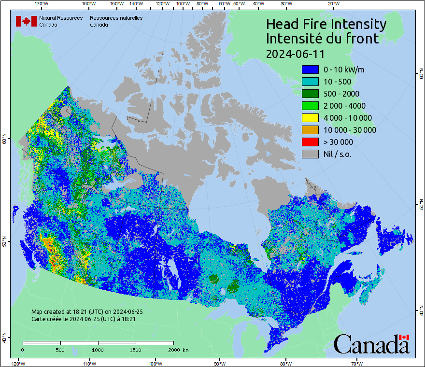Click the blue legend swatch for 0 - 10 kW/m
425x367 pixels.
point(310,70)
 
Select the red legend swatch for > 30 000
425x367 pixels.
point(310,142)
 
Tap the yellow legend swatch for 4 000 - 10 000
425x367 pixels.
point(310,118)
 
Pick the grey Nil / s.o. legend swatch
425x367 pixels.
point(310,154)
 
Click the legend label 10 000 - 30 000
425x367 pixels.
point(350,130)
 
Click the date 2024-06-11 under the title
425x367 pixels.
point(295,53)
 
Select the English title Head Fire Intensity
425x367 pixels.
point(326,24)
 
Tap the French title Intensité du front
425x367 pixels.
point(322,39)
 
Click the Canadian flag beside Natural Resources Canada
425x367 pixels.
point(26,21)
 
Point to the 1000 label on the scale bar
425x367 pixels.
point(98,350)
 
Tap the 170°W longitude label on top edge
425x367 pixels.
point(42,4)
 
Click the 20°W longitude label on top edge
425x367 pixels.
point(333,4)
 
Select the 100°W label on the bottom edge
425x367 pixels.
point(155,363)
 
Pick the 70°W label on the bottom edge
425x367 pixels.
point(357,363)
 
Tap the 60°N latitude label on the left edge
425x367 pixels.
point(4,141)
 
